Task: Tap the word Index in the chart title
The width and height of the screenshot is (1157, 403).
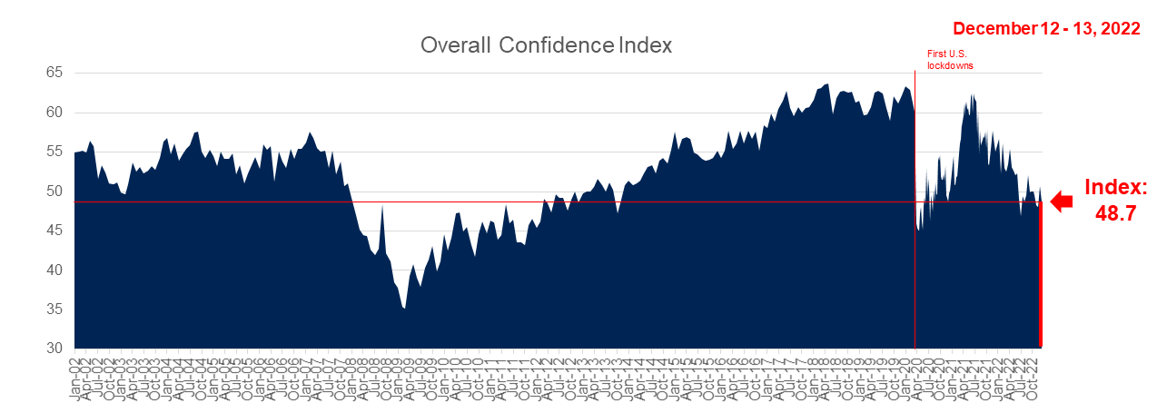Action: point(643,45)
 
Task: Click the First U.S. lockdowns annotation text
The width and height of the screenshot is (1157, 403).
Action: point(950,60)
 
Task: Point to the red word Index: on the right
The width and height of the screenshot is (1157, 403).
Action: point(1117,188)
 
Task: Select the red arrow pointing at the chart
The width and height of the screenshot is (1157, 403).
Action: point(1061,202)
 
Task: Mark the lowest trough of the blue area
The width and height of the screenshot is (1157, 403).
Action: point(404,309)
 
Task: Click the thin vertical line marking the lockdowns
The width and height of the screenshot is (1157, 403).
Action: point(915,182)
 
